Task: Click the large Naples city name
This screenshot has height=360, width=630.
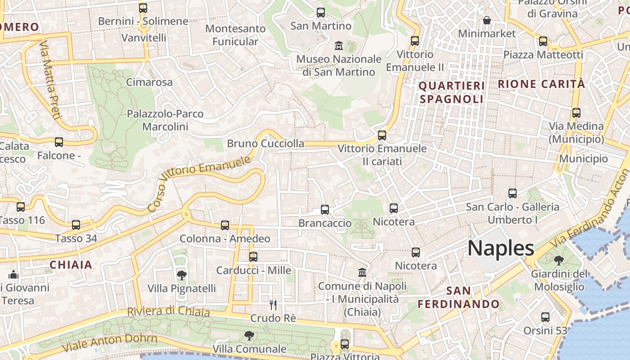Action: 501,248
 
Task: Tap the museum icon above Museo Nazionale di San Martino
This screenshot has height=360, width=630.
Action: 338,45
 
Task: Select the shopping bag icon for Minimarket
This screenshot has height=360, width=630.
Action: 486,20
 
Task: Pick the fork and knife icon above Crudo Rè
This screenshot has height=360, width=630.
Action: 273,305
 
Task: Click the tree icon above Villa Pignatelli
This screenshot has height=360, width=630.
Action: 181,275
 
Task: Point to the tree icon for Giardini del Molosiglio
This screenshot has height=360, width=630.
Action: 559,260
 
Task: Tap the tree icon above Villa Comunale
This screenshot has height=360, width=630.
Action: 249,335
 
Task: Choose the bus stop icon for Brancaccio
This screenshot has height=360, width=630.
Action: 324,209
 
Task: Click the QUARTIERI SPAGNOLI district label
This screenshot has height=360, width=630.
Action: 452,92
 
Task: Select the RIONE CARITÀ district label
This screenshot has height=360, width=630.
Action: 541,84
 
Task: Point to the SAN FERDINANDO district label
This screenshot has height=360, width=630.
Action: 459,297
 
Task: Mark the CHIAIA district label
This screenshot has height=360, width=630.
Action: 71,265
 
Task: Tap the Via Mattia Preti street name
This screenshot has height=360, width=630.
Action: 50,81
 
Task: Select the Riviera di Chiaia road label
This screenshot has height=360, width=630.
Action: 168,311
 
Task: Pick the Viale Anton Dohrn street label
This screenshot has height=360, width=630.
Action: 110,343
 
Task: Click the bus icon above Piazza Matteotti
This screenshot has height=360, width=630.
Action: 543,41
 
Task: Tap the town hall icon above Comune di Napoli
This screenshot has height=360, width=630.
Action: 362,272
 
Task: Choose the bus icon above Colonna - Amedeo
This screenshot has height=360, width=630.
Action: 225,225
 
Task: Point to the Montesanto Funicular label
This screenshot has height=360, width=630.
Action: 235,35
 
